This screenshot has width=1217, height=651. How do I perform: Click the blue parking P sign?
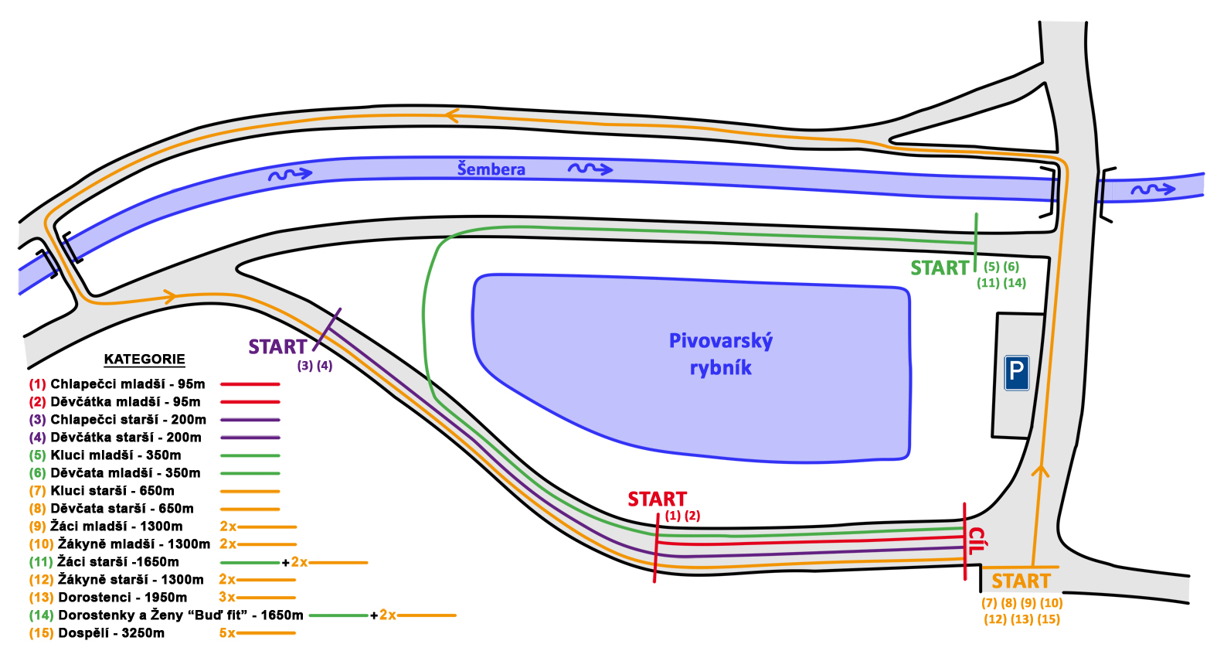point(1016,373)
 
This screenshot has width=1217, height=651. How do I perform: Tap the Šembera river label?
point(491,169)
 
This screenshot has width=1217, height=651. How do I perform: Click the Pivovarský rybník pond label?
point(720,354)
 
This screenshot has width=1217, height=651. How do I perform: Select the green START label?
point(939,268)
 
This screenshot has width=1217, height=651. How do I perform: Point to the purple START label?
point(277,347)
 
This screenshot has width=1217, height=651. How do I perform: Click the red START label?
point(657,499)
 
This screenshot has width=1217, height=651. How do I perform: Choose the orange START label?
point(1021,581)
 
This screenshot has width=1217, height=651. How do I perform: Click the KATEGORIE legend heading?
point(144,360)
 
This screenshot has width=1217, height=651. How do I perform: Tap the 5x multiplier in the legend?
point(226,633)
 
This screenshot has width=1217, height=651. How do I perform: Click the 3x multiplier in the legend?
point(226,598)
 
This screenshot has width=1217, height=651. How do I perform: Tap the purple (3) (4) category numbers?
point(314,366)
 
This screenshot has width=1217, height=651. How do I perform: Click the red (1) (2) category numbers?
point(682,516)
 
